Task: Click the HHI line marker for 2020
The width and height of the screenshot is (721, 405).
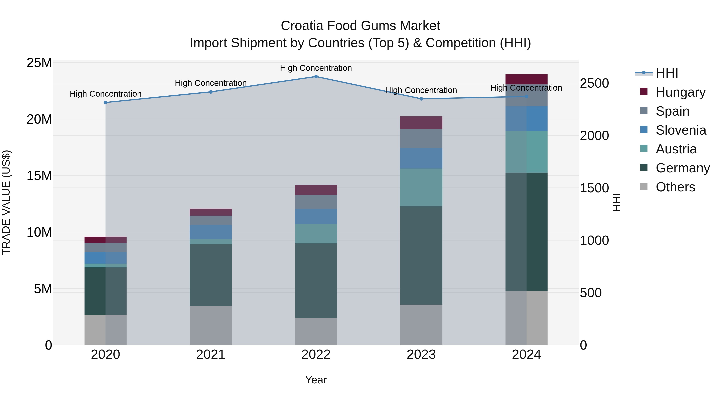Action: (106, 103)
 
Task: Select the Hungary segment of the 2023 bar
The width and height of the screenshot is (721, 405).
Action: (421, 123)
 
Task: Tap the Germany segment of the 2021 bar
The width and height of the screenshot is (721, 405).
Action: (211, 275)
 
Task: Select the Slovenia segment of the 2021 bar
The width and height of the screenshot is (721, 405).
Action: (211, 232)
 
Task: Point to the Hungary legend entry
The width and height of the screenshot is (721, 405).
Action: (680, 92)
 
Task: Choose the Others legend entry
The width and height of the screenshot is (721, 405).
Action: (675, 187)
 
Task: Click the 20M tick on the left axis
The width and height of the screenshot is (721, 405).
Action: (39, 119)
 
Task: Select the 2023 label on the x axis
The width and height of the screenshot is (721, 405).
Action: (421, 355)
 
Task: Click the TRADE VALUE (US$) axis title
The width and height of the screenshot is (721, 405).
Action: (6, 202)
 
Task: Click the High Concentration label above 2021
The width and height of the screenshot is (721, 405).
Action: (211, 83)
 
